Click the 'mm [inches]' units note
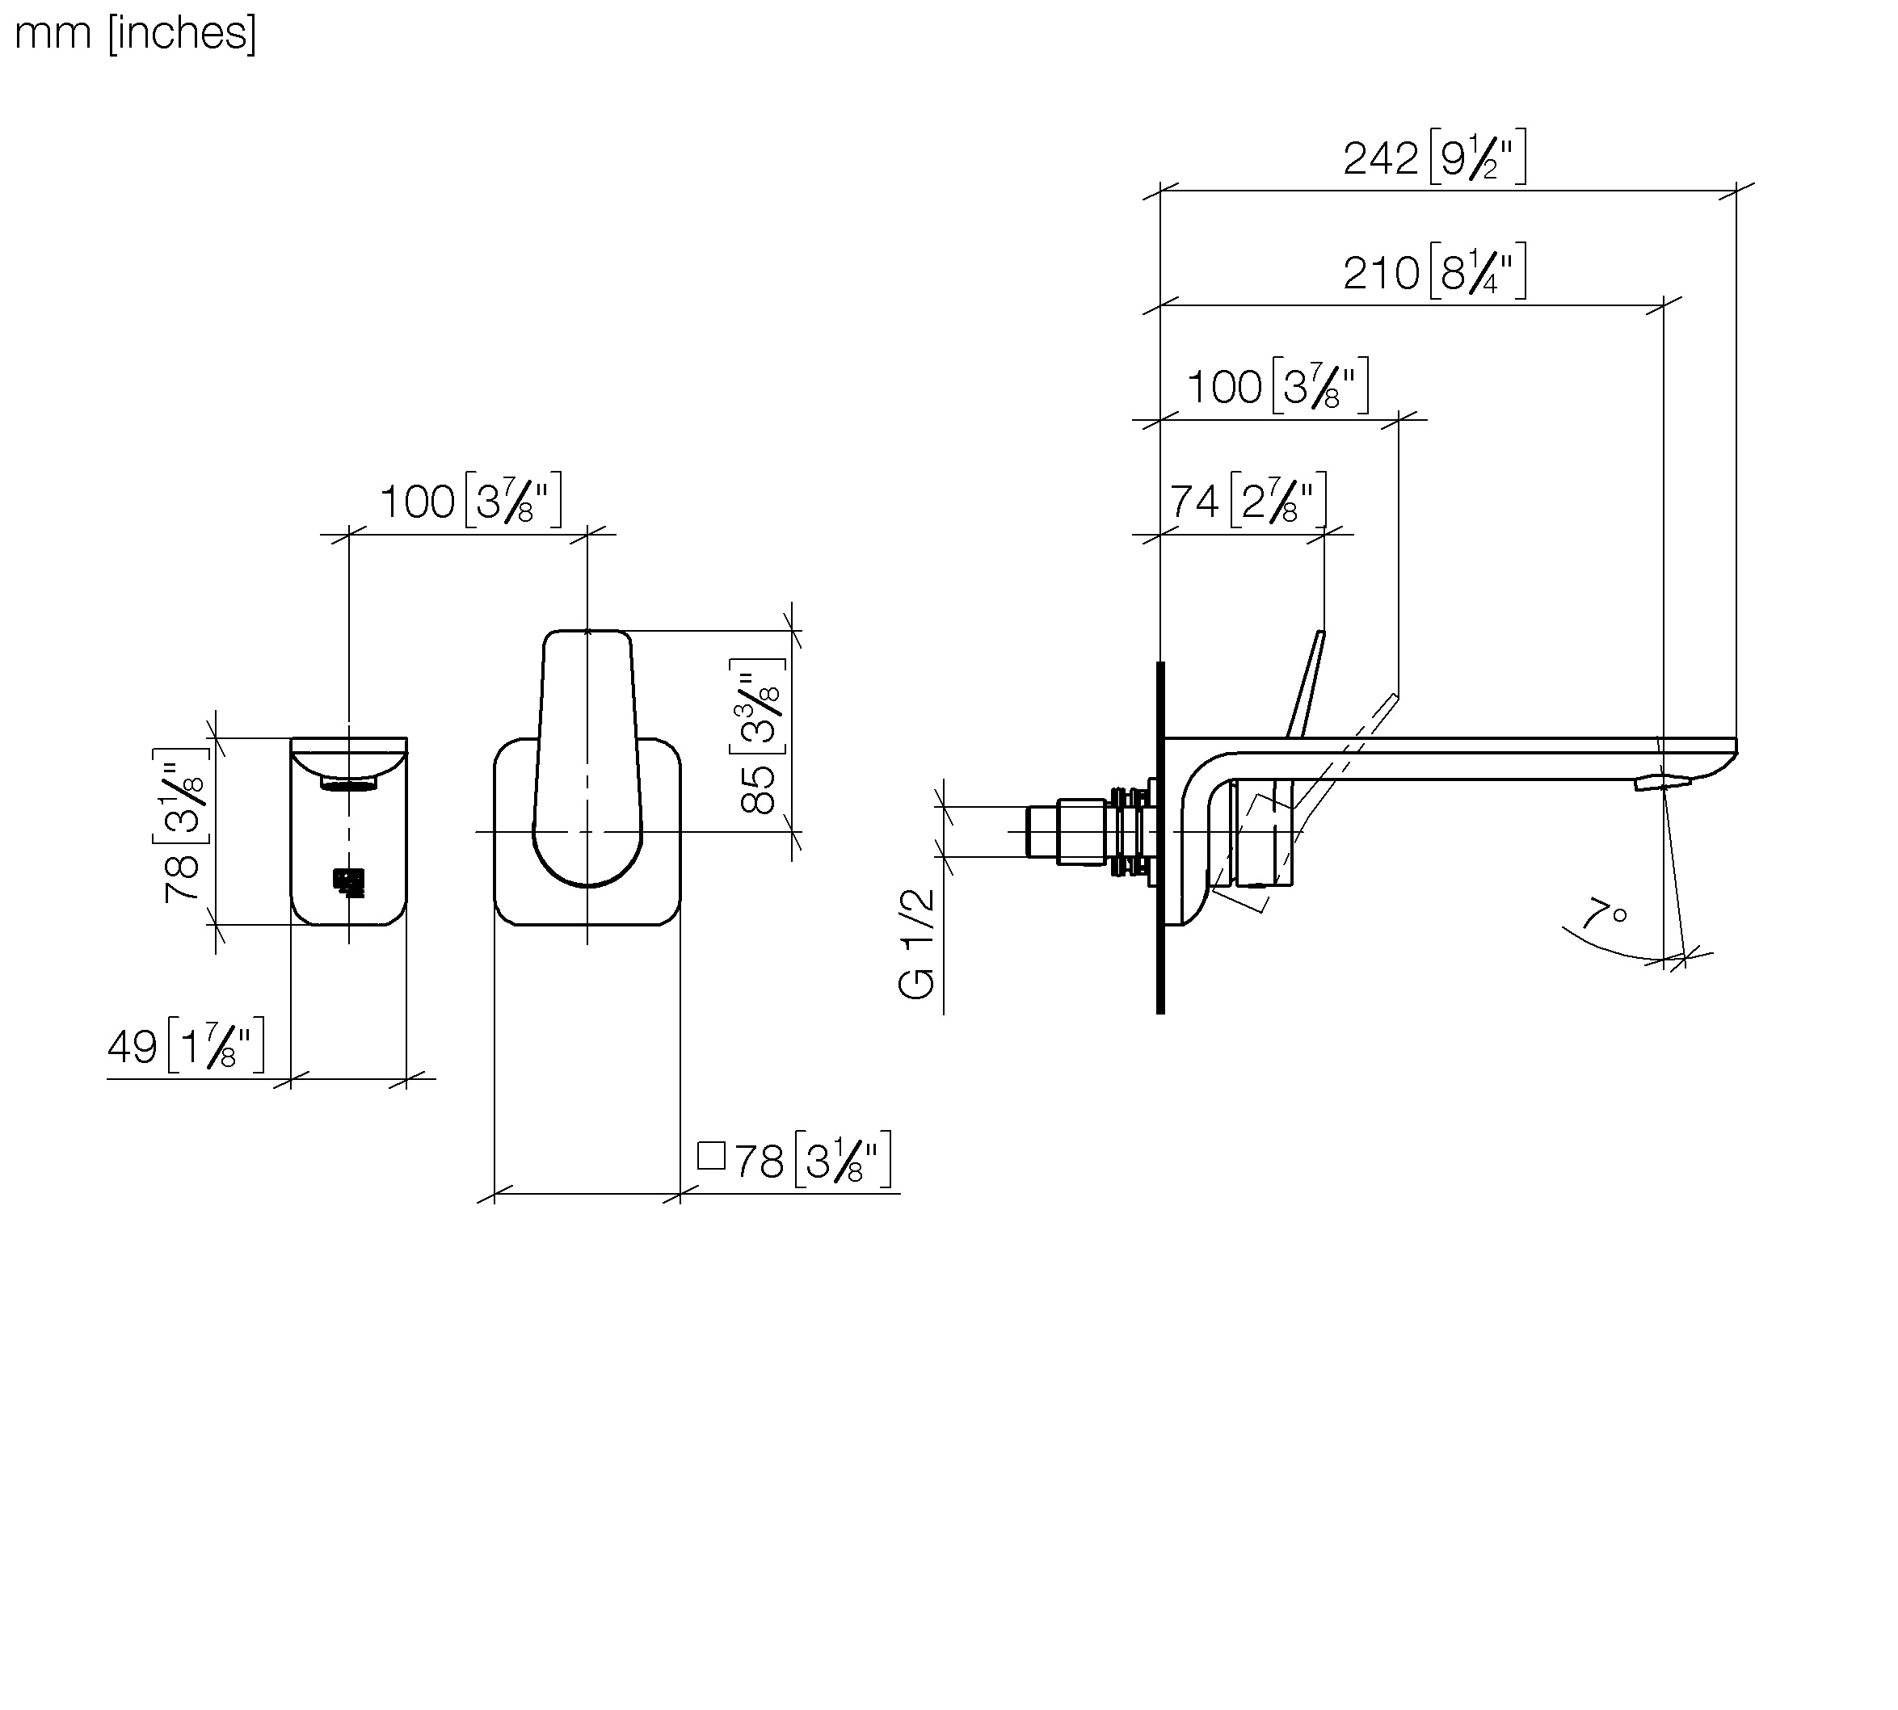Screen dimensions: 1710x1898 pyautogui.click(x=135, y=34)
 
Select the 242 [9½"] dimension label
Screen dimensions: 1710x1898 pyautogui.click(x=1434, y=158)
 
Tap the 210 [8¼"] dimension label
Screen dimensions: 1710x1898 pyautogui.click(x=1434, y=272)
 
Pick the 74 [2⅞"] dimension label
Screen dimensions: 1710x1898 pyautogui.click(x=1248, y=501)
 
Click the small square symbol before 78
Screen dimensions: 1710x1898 pyautogui.click(x=711, y=1156)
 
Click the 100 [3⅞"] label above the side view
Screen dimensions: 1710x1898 pyautogui.click(x=1277, y=386)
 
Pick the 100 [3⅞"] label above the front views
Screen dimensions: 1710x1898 pyautogui.click(x=469, y=501)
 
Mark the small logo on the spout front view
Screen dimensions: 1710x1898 pyautogui.click(x=348, y=882)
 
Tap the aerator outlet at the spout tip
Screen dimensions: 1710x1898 pyautogui.click(x=1661, y=782)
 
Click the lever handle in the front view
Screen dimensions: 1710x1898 pyautogui.click(x=587, y=752)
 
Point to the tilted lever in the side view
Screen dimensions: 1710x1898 pyautogui.click(x=1308, y=684)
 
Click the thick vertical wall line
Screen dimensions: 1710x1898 pyautogui.click(x=1160, y=836)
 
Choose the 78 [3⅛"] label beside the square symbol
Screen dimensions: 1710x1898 pyautogui.click(x=812, y=1162)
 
